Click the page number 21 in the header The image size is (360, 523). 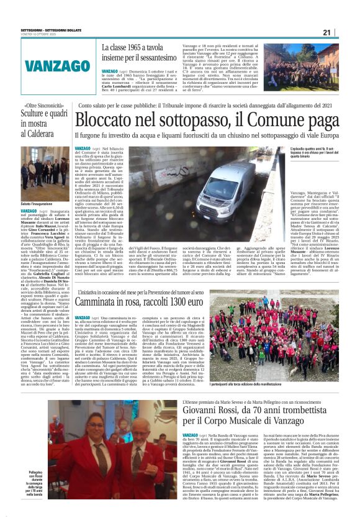click(344, 32)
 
